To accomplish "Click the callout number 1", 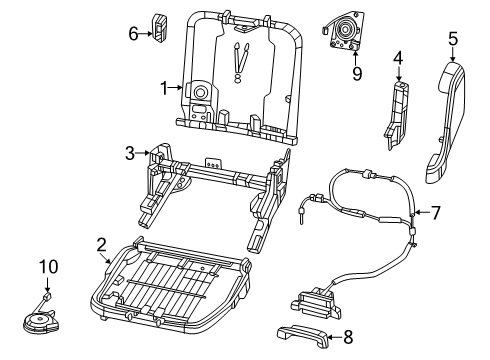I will (x=164, y=88).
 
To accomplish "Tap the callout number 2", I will (x=101, y=243).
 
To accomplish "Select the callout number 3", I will (x=129, y=152).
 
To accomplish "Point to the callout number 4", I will (x=398, y=58).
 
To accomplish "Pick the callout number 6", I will (x=133, y=33).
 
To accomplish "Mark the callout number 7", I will (x=435, y=213).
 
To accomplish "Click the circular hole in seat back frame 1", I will (x=198, y=93).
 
